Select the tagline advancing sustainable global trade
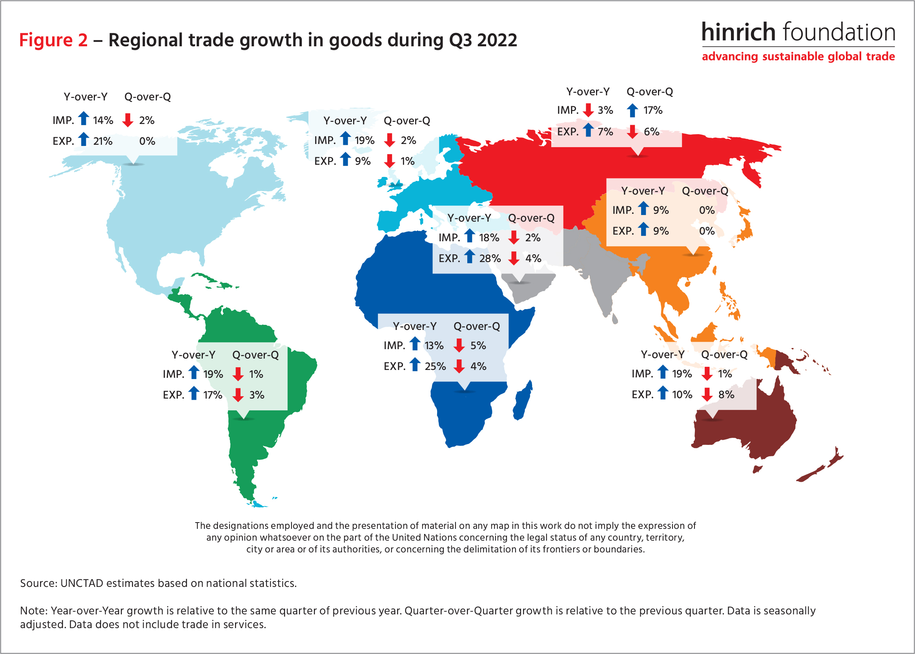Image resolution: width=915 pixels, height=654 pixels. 798,56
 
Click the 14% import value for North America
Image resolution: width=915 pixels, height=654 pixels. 103,120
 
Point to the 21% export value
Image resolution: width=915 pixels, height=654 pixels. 103,141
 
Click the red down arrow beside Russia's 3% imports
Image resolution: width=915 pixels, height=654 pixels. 589,110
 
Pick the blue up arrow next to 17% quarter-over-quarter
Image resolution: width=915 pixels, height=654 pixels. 632,110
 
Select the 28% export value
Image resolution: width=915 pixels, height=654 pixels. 490,259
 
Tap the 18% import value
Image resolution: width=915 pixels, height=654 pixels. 489,238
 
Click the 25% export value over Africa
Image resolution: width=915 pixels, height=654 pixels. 435,366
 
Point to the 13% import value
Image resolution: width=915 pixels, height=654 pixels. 434,346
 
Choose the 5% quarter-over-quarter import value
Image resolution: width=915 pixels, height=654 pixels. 478,346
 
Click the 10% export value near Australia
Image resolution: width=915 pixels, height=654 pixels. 682,395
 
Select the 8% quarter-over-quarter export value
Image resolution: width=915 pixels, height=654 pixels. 726,395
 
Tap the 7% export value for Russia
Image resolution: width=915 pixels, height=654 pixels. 605,132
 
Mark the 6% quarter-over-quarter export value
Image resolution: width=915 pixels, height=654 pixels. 651,132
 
